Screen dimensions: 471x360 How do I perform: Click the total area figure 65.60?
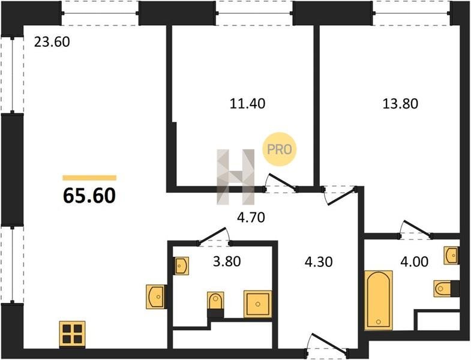coord(89,196)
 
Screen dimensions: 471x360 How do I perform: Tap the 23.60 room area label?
coord(52,42)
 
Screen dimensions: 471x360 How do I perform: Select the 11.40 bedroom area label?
coord(248,104)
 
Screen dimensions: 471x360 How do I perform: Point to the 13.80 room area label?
coord(400,104)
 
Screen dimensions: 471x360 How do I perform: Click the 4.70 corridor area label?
coord(251,218)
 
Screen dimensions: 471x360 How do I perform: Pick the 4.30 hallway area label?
coord(319,262)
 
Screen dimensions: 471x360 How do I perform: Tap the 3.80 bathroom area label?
coord(227,262)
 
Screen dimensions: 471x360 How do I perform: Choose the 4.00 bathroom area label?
coord(414,262)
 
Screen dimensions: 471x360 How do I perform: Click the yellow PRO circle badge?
coord(280,149)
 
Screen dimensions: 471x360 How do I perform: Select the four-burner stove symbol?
coord(72,334)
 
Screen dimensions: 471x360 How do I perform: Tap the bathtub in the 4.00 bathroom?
coord(379,300)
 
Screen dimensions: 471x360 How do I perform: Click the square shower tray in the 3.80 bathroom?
coord(258,304)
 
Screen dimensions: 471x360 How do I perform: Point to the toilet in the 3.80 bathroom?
coord(215,301)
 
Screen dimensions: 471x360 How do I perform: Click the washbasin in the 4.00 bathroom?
coord(451,256)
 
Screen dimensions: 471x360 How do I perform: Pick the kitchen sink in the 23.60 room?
coord(156,296)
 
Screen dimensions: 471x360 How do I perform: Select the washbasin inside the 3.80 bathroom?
coord(181,266)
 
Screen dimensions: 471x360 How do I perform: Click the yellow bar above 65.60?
coord(89,178)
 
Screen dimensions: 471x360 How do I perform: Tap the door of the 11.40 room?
coord(281,182)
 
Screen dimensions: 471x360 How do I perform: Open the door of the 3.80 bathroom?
coord(212,235)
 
